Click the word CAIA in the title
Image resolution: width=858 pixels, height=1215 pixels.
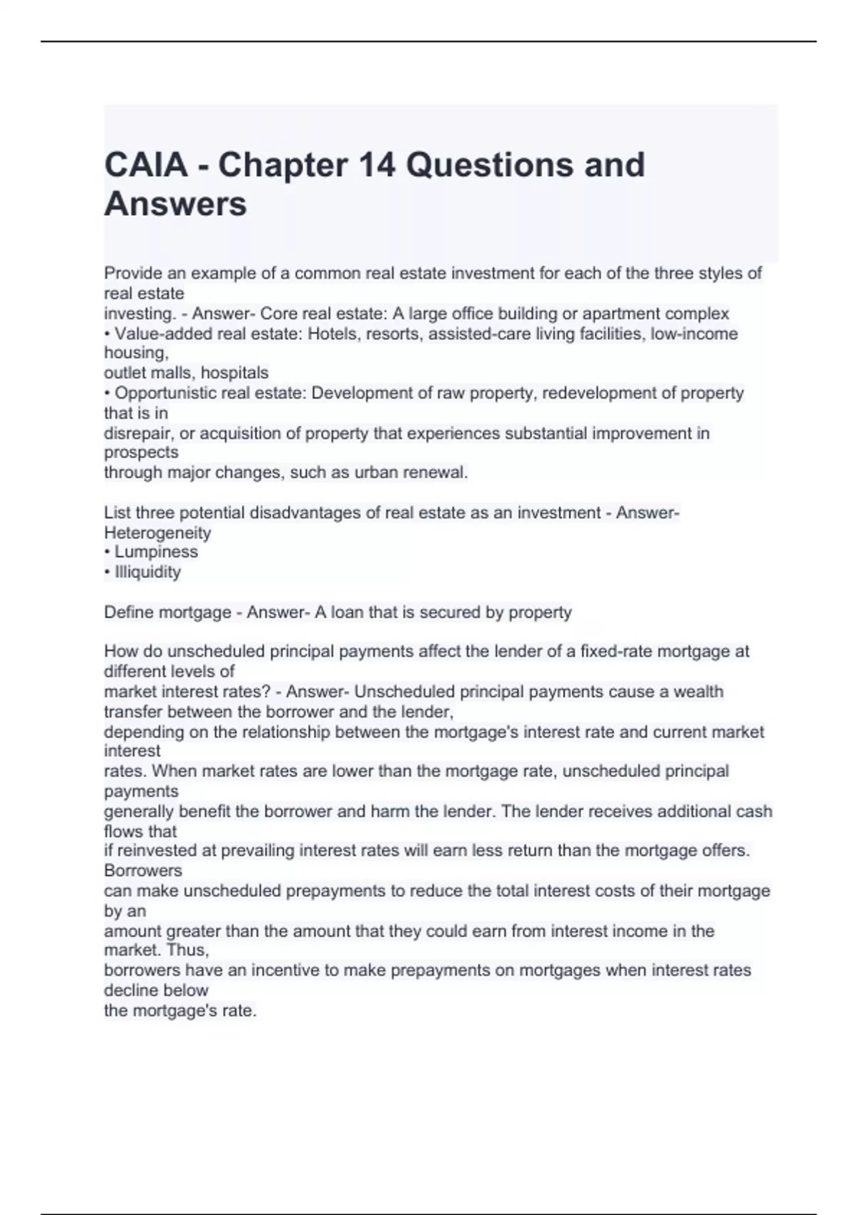146,165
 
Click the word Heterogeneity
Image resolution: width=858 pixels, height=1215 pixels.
157,532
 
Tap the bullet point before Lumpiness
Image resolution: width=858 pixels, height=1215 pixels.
107,552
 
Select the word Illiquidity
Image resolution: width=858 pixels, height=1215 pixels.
147,572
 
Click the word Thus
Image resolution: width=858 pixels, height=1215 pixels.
191,951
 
